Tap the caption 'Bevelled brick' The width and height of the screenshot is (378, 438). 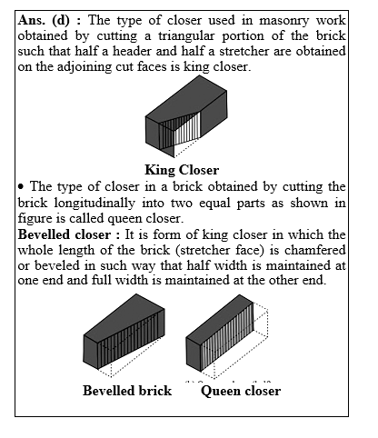point(127,391)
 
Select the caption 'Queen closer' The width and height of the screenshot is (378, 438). point(241,391)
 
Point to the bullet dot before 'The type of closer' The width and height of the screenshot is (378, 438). point(21,186)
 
